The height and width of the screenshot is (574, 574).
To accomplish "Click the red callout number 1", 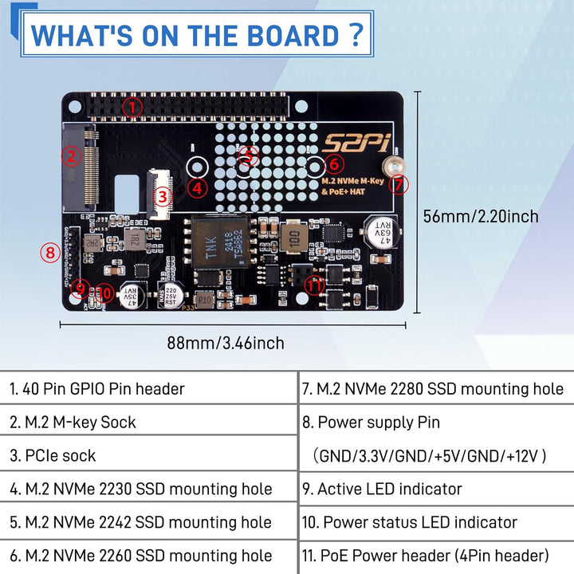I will coord(132,105).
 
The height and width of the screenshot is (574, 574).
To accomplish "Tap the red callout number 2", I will coord(71,156).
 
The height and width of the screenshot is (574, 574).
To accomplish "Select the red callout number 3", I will coord(162,195).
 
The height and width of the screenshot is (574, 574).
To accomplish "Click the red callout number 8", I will coord(50,254).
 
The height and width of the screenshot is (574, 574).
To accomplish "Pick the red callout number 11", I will coord(315,285).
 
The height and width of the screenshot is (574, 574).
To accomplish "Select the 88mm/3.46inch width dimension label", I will coord(225,343).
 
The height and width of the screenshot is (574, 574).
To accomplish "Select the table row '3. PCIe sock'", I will coord(53,455).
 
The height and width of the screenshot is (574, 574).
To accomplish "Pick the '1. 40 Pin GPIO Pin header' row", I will coord(97,389).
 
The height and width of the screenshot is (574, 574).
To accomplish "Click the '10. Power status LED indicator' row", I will coord(409,522).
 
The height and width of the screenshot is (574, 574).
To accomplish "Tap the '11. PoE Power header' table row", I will coord(425,556).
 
